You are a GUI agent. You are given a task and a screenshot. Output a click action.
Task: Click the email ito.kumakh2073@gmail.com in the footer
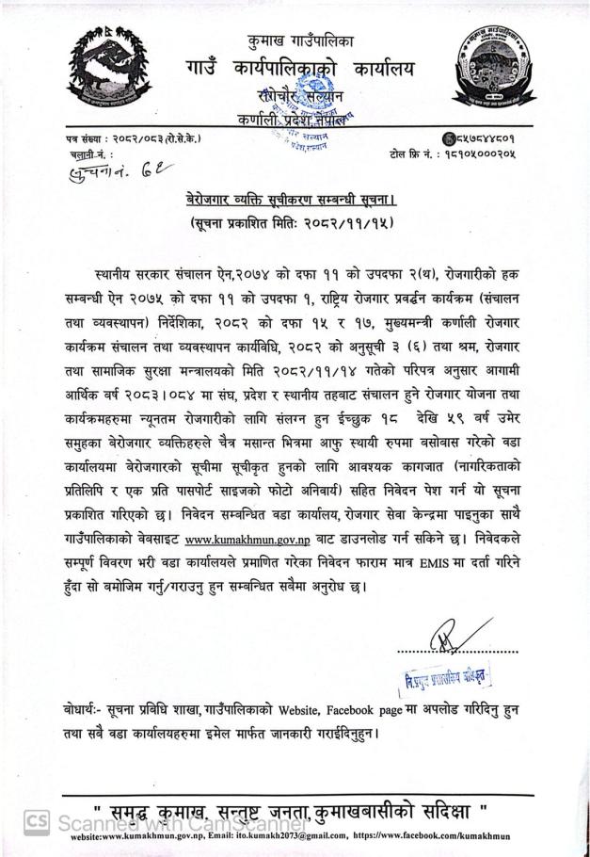(x=307, y=837)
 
